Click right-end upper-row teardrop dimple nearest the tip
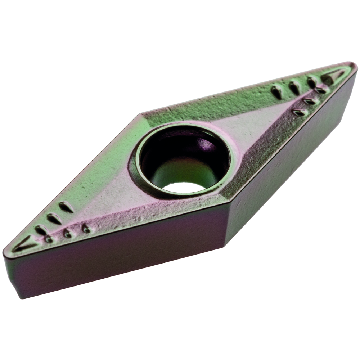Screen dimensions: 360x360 312,82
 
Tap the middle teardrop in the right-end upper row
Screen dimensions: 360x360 294,87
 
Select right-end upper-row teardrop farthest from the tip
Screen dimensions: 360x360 276,92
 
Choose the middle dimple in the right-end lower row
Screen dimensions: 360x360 310,101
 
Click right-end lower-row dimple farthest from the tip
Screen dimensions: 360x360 300,112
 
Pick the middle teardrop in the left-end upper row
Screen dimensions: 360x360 54,218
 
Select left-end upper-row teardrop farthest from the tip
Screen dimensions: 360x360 66,207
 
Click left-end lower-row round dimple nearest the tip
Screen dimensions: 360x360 49,239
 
